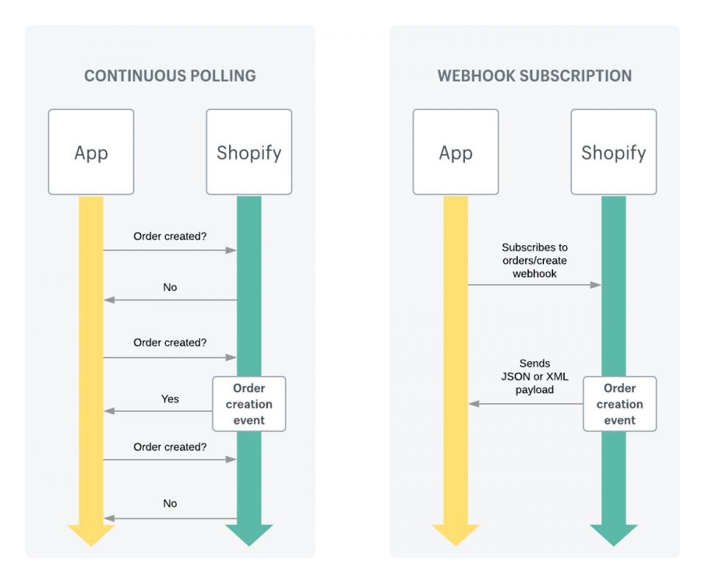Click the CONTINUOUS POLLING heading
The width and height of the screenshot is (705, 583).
click(170, 76)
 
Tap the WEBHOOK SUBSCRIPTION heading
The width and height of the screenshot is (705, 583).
click(535, 76)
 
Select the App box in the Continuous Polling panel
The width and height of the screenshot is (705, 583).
click(91, 152)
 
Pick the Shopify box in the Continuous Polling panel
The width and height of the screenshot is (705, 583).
click(249, 152)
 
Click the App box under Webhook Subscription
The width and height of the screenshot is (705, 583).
click(455, 152)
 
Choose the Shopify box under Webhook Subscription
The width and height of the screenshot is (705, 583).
click(613, 152)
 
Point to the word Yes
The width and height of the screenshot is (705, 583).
click(170, 399)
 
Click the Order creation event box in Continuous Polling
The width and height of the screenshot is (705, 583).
click(249, 404)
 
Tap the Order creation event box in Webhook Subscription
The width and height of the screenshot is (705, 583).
click(620, 404)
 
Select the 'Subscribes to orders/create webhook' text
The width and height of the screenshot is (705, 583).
click(535, 260)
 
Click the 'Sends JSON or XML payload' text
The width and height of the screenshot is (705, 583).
click(535, 376)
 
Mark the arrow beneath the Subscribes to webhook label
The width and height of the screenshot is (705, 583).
click(535, 285)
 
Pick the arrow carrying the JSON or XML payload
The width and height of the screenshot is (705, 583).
click(526, 404)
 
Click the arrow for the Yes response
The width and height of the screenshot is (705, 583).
click(159, 411)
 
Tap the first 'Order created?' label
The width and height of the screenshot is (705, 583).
click(170, 236)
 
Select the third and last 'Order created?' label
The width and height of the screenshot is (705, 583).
click(170, 446)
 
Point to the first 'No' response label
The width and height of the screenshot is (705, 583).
click(170, 287)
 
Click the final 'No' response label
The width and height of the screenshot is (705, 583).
click(170, 504)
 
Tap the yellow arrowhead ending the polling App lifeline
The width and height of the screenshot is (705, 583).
click(91, 535)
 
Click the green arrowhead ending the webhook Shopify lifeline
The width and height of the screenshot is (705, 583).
click(613, 535)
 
